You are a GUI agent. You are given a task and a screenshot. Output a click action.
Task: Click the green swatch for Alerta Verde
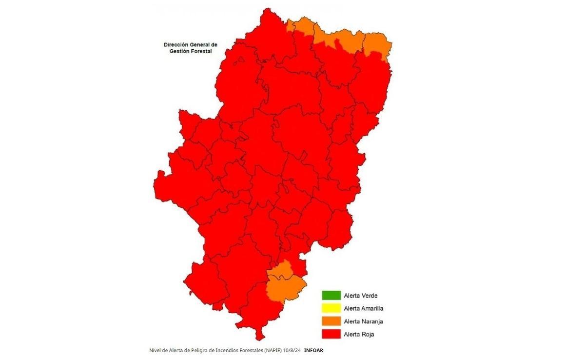pos(331,295)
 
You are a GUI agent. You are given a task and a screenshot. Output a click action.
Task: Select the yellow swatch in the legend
pos(331,308)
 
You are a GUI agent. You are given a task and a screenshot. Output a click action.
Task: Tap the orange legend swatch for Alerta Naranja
pos(331,321)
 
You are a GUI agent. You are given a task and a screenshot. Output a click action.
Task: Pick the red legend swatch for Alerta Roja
pos(331,334)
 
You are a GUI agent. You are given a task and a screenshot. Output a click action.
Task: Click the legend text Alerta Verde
pos(360,296)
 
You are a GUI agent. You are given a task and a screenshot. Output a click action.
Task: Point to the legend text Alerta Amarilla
pos(363,308)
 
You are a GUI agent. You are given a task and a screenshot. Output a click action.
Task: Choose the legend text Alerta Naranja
pos(363,321)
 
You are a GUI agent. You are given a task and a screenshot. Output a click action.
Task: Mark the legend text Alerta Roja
pos(359,334)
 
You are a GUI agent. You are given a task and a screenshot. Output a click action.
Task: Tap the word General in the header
pos(201,44)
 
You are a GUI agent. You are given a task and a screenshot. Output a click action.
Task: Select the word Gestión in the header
pos(180,51)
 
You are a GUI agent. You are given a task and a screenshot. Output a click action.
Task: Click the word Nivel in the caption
pos(155,350)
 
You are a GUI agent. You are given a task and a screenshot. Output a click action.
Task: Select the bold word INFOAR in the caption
pos(313,350)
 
